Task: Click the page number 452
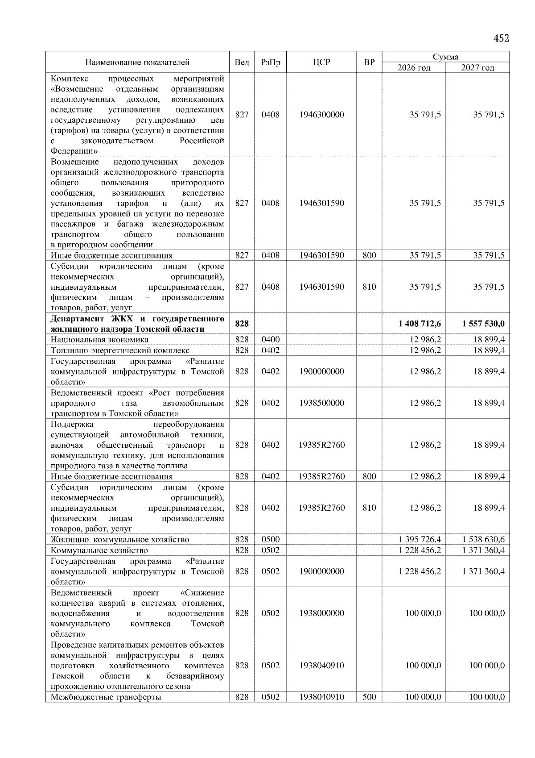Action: pos(501,38)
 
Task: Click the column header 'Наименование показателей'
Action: pos(137,62)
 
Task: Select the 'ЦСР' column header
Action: pos(321,62)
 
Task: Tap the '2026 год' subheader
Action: pos(414,68)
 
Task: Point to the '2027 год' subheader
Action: pos(477,68)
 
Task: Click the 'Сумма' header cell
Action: pos(445,57)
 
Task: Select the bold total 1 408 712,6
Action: pos(420,323)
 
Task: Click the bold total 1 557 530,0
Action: pos(483,323)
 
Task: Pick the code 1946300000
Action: pos(321,115)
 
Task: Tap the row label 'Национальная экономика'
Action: pos(99,340)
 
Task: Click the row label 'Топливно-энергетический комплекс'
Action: pos(120,350)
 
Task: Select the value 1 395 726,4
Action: pos(420,539)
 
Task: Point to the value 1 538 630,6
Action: pos(483,539)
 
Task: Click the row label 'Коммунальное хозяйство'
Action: pos(99,550)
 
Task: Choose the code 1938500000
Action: pos(321,403)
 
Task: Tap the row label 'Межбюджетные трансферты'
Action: pos(106,697)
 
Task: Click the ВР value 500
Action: pos(369,697)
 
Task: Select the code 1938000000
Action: pos(321,613)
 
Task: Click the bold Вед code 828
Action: pos(242,323)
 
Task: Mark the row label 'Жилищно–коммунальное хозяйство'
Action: pos(119,540)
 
